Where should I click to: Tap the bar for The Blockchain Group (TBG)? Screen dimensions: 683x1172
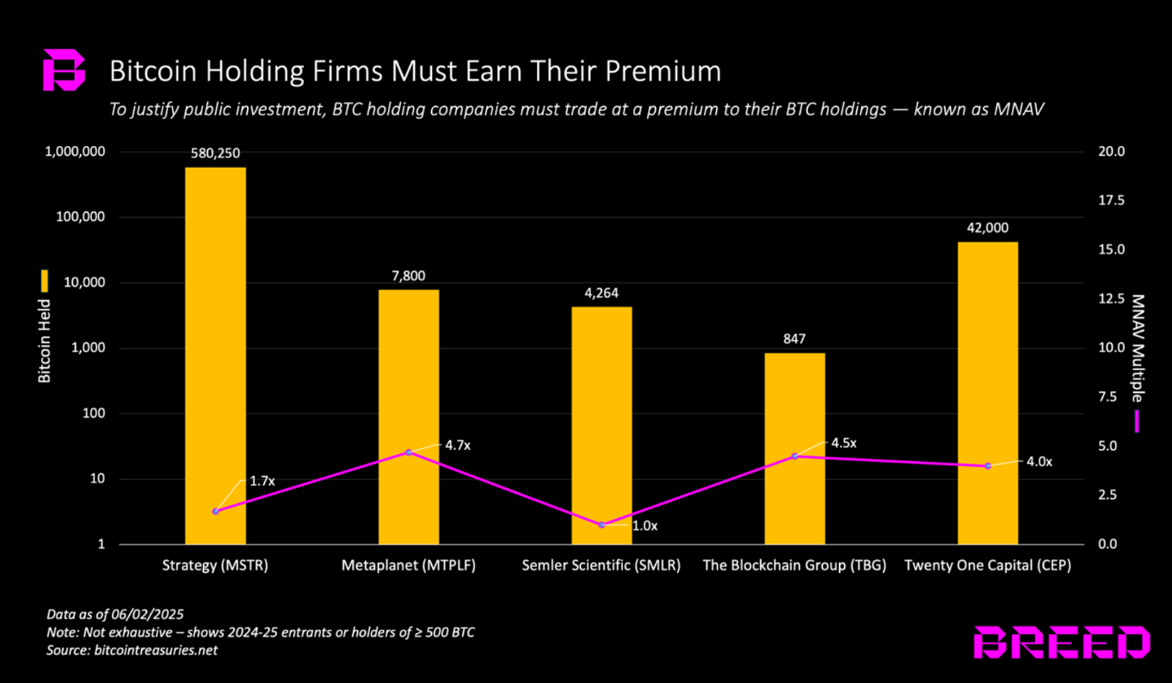(794, 448)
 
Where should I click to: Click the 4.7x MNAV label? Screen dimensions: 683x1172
(459, 446)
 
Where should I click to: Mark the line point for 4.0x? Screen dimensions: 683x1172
(988, 465)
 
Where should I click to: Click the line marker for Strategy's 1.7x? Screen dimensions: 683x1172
(215, 511)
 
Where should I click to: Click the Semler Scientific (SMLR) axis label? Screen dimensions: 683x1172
(601, 566)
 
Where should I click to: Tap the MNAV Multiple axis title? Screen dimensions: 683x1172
(1138, 348)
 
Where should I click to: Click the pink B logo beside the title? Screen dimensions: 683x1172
(65, 71)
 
